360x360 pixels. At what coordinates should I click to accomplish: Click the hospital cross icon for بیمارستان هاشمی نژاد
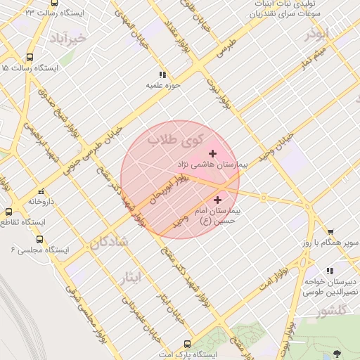[212, 153]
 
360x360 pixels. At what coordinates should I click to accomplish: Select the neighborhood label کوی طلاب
[174, 141]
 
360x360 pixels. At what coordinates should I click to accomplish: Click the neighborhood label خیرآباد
[67, 38]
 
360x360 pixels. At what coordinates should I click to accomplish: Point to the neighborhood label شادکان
[109, 242]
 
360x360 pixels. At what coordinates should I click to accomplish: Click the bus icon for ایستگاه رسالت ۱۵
[30, 58]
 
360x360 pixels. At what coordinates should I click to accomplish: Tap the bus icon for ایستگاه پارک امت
[186, 345]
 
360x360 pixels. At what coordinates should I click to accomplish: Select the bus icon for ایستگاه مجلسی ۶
[39, 238]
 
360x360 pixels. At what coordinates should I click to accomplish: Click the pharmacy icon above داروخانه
[41, 191]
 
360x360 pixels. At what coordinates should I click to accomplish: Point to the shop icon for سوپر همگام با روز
[330, 232]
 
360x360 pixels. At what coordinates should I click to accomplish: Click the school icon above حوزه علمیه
[162, 74]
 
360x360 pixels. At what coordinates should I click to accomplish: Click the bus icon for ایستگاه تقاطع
[8, 212]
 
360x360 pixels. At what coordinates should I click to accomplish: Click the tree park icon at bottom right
[338, 353]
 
